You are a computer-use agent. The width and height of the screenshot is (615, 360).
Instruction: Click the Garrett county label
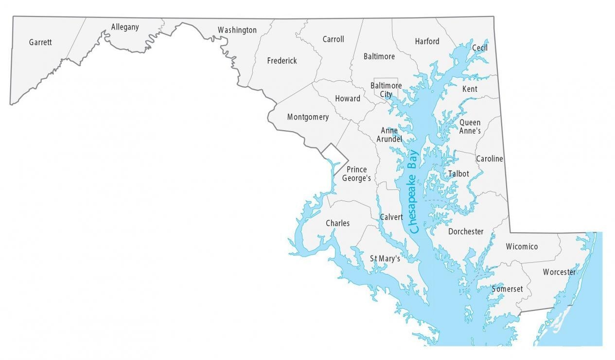(x=40, y=42)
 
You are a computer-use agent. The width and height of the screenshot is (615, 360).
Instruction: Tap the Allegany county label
(x=125, y=27)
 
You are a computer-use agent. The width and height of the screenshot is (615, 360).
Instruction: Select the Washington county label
(x=237, y=30)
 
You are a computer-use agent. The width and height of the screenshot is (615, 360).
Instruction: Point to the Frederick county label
(x=282, y=61)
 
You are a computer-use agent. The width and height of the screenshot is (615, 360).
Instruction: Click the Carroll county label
(x=333, y=39)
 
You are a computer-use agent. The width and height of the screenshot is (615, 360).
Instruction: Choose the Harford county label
(x=427, y=41)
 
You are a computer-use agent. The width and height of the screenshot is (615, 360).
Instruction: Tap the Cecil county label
(x=479, y=48)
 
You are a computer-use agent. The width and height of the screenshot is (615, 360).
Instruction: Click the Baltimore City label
(x=386, y=90)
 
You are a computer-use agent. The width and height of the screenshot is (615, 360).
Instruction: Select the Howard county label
(x=348, y=99)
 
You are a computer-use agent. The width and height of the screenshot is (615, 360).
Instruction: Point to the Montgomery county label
(x=308, y=117)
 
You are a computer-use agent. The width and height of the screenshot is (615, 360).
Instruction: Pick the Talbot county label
(x=458, y=173)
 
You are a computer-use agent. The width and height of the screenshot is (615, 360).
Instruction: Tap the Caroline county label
(x=489, y=159)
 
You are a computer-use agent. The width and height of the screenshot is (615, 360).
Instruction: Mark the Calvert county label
(x=391, y=217)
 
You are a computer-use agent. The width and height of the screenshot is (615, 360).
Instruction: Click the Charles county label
(x=337, y=223)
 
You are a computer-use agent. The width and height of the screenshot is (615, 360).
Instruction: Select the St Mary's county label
(x=385, y=258)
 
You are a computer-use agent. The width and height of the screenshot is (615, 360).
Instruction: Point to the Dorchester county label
(x=466, y=232)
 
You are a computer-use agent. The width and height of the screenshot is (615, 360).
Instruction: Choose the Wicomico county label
(x=522, y=247)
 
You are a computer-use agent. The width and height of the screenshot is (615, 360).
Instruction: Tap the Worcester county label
(x=559, y=272)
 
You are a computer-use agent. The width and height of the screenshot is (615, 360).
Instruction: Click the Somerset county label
(x=507, y=289)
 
